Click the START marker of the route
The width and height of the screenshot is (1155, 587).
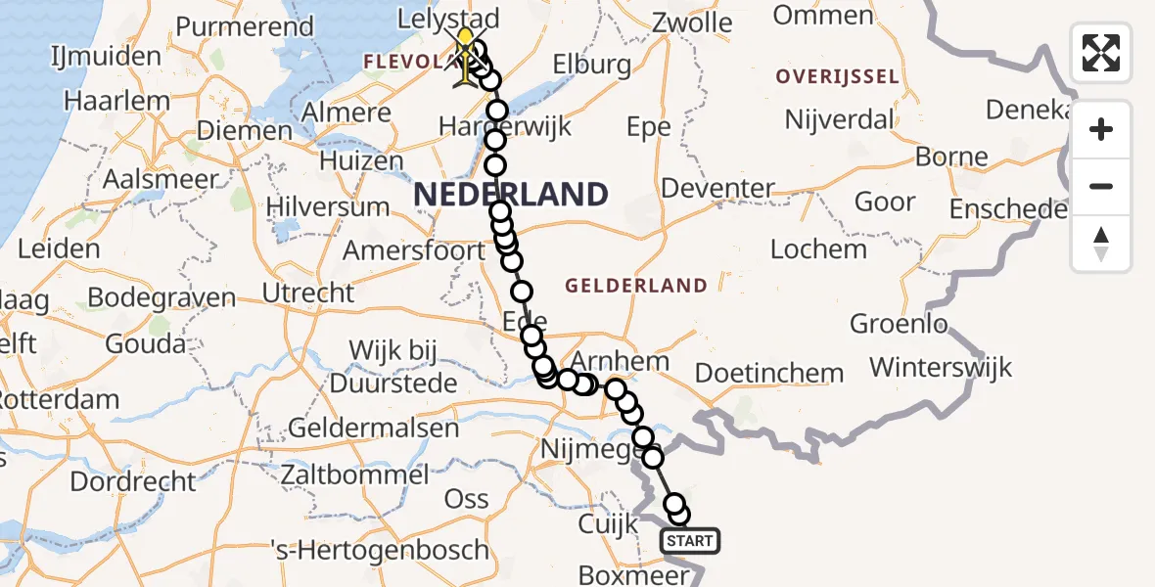coord(690,540)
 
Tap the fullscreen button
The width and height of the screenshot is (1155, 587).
coord(1101,53)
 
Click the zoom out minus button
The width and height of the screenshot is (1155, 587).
coord(1101,186)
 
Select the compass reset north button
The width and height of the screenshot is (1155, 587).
coord(1101,243)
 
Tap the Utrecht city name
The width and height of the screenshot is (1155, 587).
coord(308,292)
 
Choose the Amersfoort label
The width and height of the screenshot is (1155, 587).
coord(413,249)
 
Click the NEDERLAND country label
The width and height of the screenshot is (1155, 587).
coord(510,194)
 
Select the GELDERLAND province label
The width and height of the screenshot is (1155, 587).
coord(636,286)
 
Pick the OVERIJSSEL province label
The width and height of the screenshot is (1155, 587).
coord(837,76)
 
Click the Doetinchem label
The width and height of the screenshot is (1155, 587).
coord(768,373)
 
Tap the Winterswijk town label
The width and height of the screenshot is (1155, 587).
coord(941,368)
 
